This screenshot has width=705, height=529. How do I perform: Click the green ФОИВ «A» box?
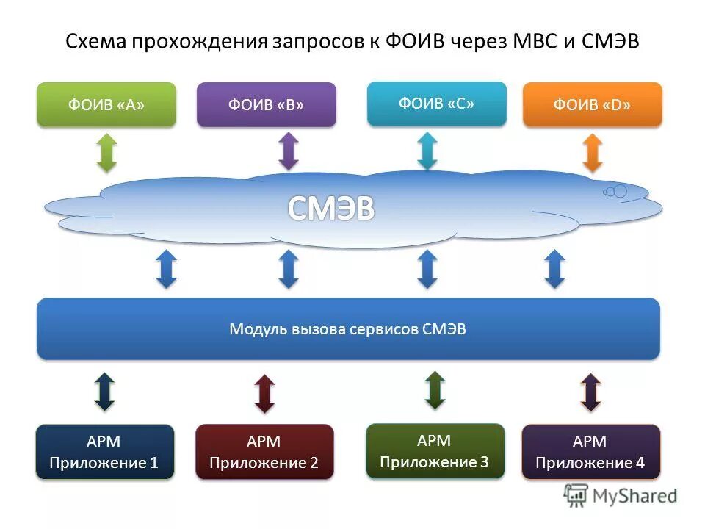pyautogui.click(x=106, y=104)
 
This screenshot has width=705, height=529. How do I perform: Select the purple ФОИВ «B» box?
pyautogui.click(x=267, y=104)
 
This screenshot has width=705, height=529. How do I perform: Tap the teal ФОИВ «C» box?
pyautogui.click(x=436, y=103)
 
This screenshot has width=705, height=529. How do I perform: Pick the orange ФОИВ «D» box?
pyautogui.click(x=592, y=104)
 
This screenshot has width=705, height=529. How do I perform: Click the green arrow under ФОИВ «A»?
pyautogui.click(x=107, y=152)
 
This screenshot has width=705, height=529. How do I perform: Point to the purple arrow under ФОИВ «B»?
pyautogui.click(x=289, y=151)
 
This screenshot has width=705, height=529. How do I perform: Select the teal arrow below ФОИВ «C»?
pyautogui.click(x=427, y=151)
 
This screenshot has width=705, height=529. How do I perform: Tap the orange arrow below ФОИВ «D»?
pyautogui.click(x=592, y=153)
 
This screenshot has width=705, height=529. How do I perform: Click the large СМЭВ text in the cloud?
pyautogui.click(x=330, y=209)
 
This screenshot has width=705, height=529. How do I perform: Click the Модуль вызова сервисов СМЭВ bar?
pyautogui.click(x=348, y=329)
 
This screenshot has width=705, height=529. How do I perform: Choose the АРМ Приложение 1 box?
pyautogui.click(x=104, y=452)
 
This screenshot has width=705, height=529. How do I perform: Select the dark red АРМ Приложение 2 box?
pyautogui.click(x=264, y=452)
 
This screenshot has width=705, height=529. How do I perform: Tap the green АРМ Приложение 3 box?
pyautogui.click(x=435, y=451)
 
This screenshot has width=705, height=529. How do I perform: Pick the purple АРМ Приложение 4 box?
pyautogui.click(x=590, y=452)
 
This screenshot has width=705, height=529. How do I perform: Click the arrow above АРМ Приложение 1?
pyautogui.click(x=104, y=392)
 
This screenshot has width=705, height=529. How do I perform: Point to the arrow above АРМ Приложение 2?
pyautogui.click(x=264, y=393)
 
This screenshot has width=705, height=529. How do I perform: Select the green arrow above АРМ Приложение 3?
pyautogui.click(x=435, y=389)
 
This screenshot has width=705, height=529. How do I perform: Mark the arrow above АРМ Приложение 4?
pyautogui.click(x=590, y=392)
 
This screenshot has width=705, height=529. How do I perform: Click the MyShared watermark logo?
pyautogui.click(x=621, y=496)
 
